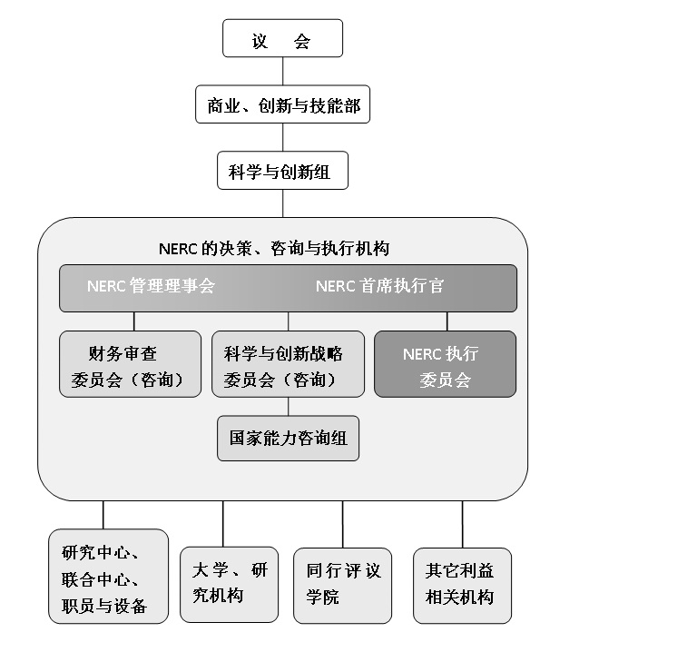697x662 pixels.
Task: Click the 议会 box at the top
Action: (x=282, y=41)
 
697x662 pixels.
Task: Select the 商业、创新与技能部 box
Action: (x=283, y=105)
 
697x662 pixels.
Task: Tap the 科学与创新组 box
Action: (x=282, y=171)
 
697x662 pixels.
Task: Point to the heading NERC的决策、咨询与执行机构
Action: (x=274, y=248)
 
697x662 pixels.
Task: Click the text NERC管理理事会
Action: (x=152, y=287)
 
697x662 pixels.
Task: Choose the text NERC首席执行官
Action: (x=380, y=287)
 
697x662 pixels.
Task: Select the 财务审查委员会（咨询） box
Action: (x=130, y=364)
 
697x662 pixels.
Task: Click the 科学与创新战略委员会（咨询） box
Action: (x=289, y=364)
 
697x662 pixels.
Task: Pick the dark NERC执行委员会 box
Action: (x=445, y=364)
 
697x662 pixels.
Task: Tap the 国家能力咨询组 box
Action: (x=289, y=439)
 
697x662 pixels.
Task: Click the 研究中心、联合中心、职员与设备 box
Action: (x=108, y=576)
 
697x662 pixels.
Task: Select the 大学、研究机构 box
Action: (x=229, y=584)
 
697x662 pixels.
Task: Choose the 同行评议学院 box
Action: (x=342, y=585)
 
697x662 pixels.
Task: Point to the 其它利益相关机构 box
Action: (x=462, y=585)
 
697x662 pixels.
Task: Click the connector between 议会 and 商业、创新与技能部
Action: (x=282, y=72)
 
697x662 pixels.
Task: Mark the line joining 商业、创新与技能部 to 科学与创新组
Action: (x=282, y=137)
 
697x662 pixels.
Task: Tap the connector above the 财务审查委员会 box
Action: (x=134, y=321)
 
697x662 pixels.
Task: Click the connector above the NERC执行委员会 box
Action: (x=447, y=321)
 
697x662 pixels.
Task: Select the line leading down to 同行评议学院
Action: (x=342, y=524)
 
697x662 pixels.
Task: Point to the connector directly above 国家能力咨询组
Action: (x=289, y=406)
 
